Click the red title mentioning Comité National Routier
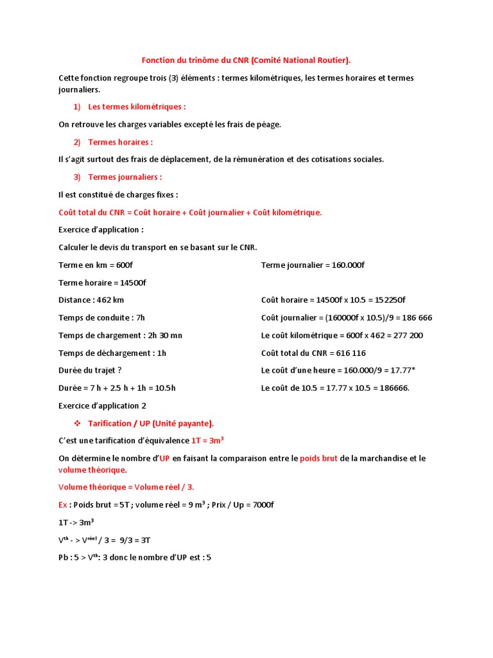pos(246,60)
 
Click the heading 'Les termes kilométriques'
pos(137,107)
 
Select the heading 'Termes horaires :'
pos(120,142)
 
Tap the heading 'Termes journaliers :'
pos(125,177)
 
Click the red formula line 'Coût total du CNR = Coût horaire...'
pos(190,212)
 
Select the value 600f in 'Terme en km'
pos(125,265)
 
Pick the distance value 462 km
pos(109,300)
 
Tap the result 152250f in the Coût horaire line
pos(388,300)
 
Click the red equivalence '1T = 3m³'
pos(207,441)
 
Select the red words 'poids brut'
pos(317,458)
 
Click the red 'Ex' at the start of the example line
pos(63,504)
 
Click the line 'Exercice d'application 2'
pos(102,405)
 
